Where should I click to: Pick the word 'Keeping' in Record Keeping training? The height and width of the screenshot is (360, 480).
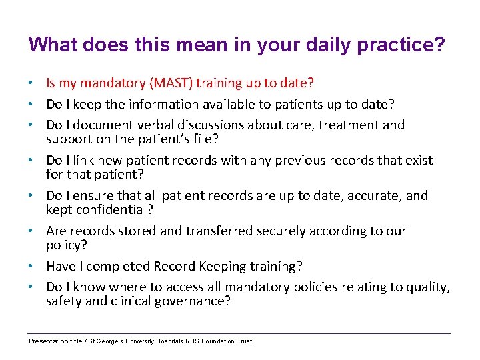tap(225, 267)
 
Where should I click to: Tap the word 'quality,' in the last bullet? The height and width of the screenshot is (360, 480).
tap(427, 287)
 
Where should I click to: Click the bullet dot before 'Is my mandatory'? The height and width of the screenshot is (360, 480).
tap(32, 84)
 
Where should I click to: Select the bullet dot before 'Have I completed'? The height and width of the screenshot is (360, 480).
tap(32, 267)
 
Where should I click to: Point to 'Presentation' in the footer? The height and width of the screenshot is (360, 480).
tap(49, 341)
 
